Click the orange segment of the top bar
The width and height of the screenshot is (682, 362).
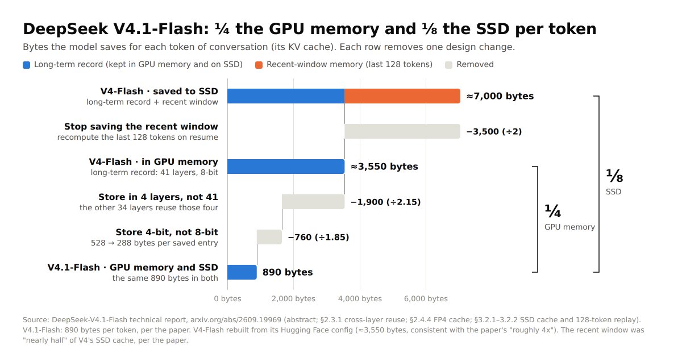coord(402,96)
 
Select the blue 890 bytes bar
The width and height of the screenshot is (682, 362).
coord(242,272)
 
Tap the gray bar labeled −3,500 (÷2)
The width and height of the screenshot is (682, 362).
coord(402,131)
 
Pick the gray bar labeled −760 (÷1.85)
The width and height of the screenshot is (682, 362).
coord(269,237)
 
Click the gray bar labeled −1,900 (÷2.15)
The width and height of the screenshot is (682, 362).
coord(313,202)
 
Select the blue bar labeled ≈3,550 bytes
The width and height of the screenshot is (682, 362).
coord(286,167)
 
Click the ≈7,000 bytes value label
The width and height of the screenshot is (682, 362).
coord(500,96)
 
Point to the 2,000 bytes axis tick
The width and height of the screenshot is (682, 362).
coord(293,299)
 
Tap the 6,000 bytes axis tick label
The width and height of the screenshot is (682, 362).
coord(426,299)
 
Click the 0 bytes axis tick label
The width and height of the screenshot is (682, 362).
coord(227,299)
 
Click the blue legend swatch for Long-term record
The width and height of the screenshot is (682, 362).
coord(27,65)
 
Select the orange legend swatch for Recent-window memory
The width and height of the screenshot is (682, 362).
coord(259,65)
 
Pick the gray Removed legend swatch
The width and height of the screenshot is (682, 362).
coord(448,65)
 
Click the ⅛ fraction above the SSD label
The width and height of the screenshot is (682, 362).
coord(614,176)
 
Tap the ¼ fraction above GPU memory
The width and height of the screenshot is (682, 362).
coord(552,211)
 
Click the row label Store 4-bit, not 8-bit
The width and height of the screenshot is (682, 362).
coord(167,232)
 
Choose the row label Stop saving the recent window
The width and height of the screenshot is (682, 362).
coord(141,126)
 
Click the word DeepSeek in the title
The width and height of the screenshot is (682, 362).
coord(65,29)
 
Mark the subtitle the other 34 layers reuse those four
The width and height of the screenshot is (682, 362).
coord(149,207)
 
